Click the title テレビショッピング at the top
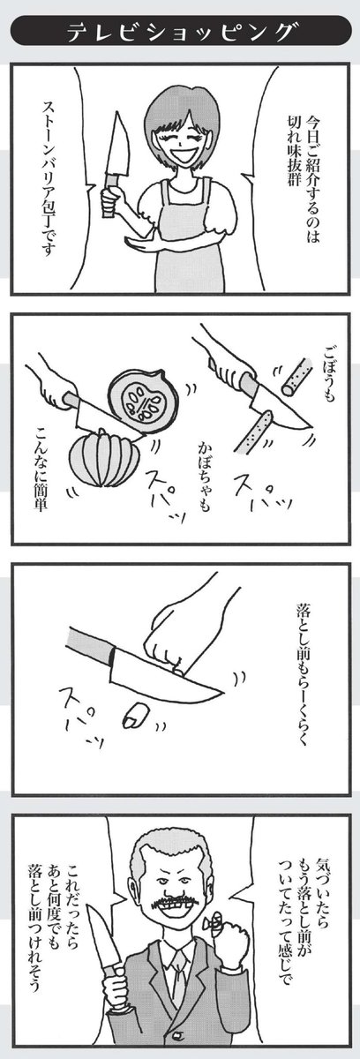tap(180, 33)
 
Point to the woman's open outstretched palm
tap(137, 239)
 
